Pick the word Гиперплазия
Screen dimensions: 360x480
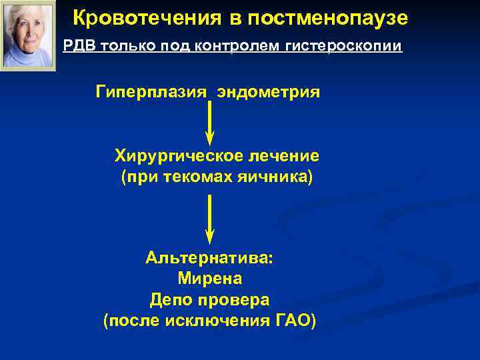pos(151,91)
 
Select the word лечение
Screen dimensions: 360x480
pos(285,156)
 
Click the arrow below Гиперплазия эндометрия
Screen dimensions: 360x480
pos(209,123)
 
